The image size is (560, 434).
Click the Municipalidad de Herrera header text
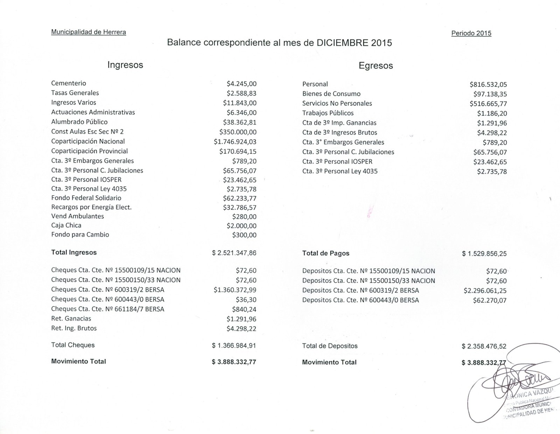[89, 32]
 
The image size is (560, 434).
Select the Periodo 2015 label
[471, 33]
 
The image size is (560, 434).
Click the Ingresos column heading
[125, 65]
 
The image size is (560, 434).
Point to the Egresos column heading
[376, 66]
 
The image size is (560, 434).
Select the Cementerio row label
[69, 83]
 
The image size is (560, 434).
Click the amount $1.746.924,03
[235, 142]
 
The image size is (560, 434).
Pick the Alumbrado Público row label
[79, 122]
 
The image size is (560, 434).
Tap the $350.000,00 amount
[238, 132]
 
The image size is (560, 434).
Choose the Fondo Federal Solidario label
[86, 198]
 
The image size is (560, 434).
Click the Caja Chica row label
[66, 225]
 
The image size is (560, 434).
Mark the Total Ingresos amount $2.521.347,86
[234, 253]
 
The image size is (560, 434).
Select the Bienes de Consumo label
[331, 94]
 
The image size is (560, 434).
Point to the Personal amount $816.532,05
[488, 85]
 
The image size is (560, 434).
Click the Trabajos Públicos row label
[328, 113]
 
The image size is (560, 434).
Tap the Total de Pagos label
[325, 253]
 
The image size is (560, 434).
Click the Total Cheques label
[73, 345]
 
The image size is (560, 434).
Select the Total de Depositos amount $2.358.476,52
[484, 346]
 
